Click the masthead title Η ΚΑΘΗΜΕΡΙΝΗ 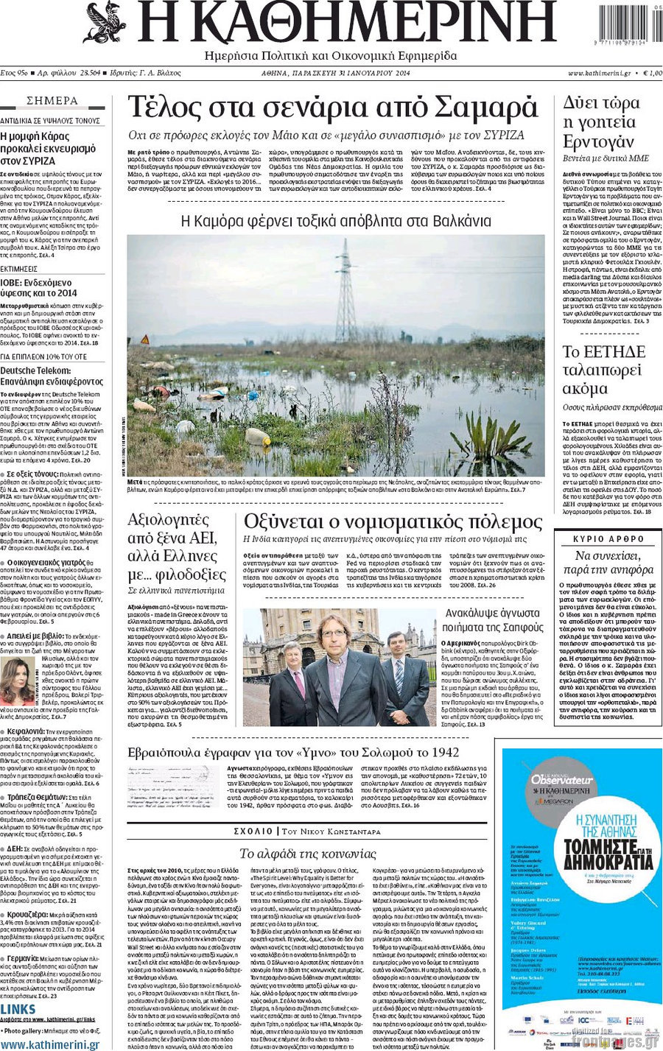pos(346,24)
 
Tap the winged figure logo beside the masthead pos(105,22)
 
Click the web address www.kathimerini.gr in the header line pos(599,74)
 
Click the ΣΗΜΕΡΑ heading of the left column pos(52,101)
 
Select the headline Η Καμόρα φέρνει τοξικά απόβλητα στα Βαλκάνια pos(336,220)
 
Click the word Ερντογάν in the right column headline pos(597,141)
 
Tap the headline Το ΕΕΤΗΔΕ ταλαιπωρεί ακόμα pos(604,370)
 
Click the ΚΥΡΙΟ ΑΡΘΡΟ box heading pos(608,539)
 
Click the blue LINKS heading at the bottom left pos(18,1010)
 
